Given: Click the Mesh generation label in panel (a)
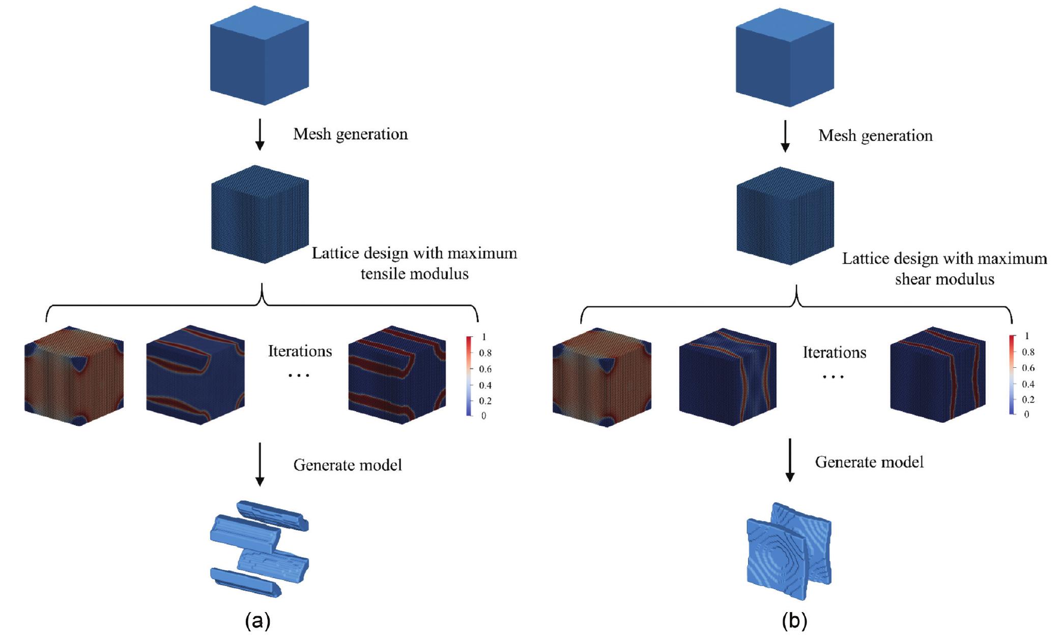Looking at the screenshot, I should point(350,134).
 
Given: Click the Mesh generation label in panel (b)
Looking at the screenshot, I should point(875,136).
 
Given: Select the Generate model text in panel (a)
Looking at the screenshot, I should point(348,465).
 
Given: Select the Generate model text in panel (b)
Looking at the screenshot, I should point(869,462).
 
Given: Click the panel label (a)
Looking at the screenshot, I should point(257,621).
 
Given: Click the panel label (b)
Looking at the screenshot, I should point(794,621).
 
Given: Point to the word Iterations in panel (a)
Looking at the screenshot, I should point(300,351).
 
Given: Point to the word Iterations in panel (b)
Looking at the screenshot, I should point(835,353).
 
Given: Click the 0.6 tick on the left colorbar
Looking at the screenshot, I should point(484,369).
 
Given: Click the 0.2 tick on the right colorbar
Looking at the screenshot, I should point(1028,399).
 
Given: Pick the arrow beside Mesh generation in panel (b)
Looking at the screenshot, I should point(785,136).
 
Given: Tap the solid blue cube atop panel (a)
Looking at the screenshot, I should point(260,56).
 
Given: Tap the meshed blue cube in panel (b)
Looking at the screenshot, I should point(785,216).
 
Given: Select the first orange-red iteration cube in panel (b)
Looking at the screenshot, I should point(602,377).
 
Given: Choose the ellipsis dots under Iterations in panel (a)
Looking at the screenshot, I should point(299,375).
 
